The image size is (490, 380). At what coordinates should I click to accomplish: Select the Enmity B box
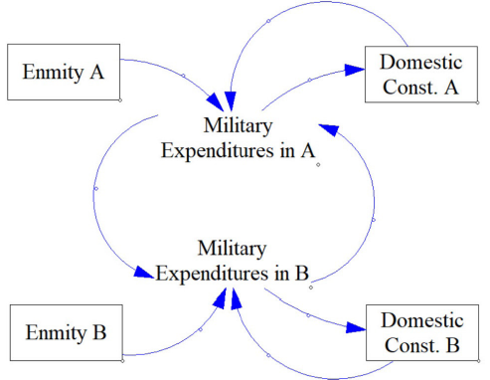66,331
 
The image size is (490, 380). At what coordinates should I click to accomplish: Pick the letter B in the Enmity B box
99,331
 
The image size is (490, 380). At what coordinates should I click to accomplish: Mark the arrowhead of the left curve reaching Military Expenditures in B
145,270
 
